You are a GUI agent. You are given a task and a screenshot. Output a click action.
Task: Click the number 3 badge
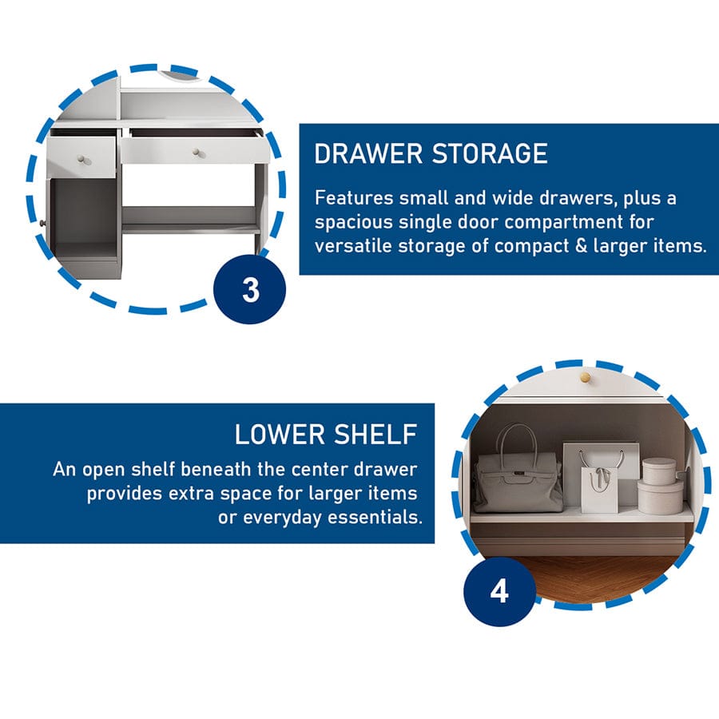(250, 289)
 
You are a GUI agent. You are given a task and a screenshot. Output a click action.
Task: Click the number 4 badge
(500, 591)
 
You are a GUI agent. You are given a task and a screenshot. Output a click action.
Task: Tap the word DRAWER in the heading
(368, 153)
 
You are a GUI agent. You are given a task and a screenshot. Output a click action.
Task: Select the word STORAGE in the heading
(491, 153)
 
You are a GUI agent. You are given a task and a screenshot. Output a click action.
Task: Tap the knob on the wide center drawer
(197, 153)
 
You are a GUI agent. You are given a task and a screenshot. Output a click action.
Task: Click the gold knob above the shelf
(585, 377)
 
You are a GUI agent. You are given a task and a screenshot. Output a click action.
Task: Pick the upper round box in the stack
(659, 470)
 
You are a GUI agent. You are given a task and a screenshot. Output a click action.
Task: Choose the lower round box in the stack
(661, 496)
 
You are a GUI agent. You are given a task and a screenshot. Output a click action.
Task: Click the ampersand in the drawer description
(581, 246)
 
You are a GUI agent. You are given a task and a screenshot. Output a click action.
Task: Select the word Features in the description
(354, 198)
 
